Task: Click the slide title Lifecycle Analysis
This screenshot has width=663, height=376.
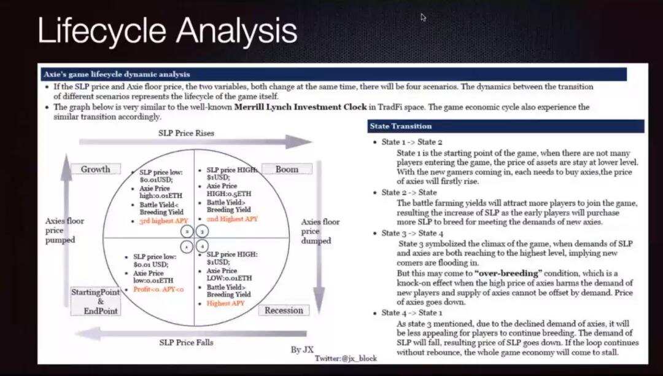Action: click(x=167, y=30)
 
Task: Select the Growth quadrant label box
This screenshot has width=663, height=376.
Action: click(x=96, y=169)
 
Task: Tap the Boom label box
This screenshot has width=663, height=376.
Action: click(x=287, y=169)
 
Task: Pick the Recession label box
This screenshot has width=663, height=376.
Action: click(x=284, y=310)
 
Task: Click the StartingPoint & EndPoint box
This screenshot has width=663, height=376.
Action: click(x=96, y=301)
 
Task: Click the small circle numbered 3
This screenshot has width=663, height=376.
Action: click(x=203, y=232)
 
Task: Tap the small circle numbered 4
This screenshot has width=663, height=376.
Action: click(x=203, y=246)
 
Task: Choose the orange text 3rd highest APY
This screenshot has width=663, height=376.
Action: click(x=163, y=221)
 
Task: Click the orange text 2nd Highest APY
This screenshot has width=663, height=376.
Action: click(x=232, y=219)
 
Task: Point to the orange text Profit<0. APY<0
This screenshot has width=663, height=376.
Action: click(x=158, y=289)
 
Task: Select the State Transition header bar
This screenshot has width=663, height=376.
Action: click(x=506, y=126)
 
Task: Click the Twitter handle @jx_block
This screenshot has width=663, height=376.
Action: click(x=346, y=358)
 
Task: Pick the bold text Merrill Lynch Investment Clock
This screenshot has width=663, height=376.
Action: click(x=300, y=107)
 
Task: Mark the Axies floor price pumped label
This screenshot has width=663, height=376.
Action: click(x=64, y=230)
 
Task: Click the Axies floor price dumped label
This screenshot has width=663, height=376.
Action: click(x=320, y=231)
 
